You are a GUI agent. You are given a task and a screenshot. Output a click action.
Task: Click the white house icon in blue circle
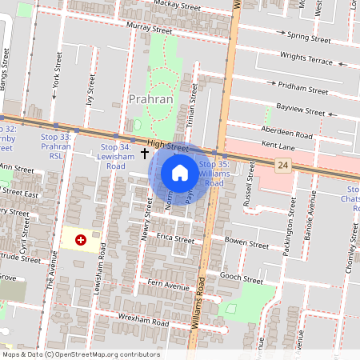(180, 173)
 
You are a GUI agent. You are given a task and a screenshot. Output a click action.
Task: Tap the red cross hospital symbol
(81, 239)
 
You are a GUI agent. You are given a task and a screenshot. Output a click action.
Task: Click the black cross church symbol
(145, 152)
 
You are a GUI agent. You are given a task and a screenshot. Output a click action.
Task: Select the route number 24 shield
(282, 165)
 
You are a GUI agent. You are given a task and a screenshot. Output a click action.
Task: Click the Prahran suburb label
(150, 99)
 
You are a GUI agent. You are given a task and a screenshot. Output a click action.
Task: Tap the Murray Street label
(149, 29)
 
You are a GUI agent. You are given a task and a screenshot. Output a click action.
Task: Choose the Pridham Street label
(303, 89)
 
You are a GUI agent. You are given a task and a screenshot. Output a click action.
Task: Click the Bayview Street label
(302, 110)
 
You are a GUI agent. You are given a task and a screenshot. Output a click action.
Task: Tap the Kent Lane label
(278, 146)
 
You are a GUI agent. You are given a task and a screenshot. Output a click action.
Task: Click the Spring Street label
(309, 38)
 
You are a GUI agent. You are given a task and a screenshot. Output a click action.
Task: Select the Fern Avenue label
(168, 286)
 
